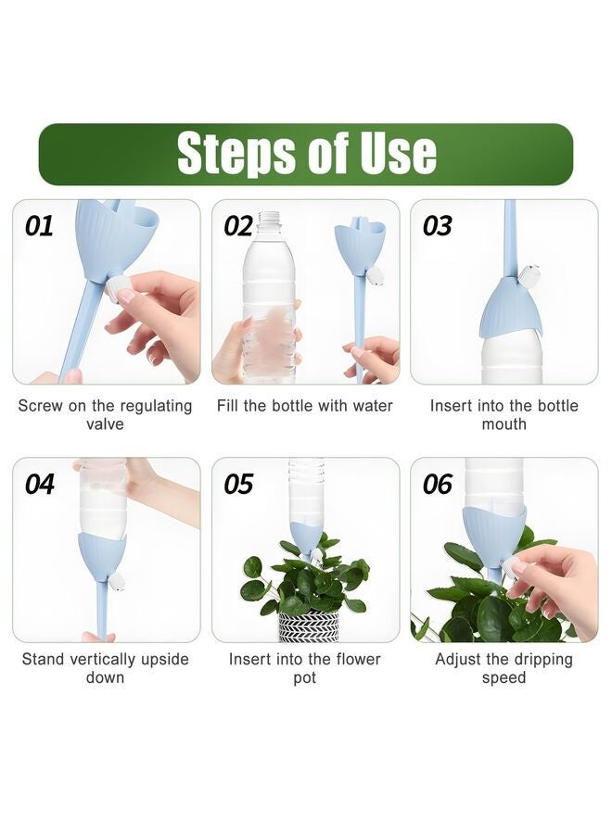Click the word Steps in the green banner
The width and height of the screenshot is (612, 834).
[x=236, y=154]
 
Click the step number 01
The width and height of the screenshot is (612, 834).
[x=39, y=226]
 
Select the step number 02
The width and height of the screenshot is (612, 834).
[x=238, y=226]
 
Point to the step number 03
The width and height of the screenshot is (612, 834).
[x=438, y=226]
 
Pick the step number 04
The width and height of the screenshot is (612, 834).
[x=39, y=484]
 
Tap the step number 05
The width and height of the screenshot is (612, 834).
[x=238, y=484]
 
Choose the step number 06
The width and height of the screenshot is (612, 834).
[x=438, y=484]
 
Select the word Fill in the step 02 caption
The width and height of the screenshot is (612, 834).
[x=227, y=405]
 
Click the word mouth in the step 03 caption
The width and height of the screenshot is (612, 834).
[x=504, y=424]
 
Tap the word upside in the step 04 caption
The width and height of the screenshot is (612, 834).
[x=164, y=660]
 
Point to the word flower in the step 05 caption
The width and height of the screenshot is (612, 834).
[x=356, y=659]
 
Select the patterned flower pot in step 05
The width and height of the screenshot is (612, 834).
[x=309, y=626]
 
